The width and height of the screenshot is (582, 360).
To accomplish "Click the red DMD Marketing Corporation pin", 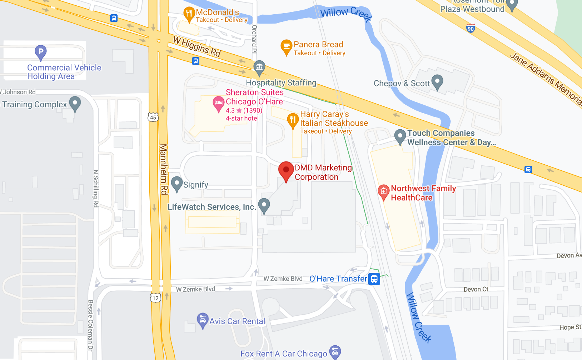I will pyautogui.click(x=286, y=170).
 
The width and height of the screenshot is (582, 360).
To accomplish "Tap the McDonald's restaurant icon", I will pyautogui.click(x=189, y=14).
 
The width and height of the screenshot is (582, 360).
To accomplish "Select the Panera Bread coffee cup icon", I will pyautogui.click(x=286, y=46).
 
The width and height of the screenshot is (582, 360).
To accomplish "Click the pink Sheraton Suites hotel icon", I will pyautogui.click(x=218, y=103).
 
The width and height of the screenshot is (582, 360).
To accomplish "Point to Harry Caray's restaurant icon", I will pyautogui.click(x=293, y=120).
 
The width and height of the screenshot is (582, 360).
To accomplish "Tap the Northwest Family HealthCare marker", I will pyautogui.click(x=383, y=191).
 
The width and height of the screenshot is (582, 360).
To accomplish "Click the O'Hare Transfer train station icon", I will pyautogui.click(x=374, y=279).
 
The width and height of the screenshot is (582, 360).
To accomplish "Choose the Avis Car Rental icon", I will pyautogui.click(x=203, y=320).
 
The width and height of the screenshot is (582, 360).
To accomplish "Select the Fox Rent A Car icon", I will pyautogui.click(x=335, y=352).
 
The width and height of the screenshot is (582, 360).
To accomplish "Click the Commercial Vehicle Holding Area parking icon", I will pyautogui.click(x=41, y=52).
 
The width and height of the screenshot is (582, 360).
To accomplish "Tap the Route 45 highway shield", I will pyautogui.click(x=153, y=117).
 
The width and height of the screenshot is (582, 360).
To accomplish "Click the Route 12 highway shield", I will pyautogui.click(x=155, y=298).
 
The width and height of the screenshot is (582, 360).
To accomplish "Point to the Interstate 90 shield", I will pyautogui.click(x=471, y=29).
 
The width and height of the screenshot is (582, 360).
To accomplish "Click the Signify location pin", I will pyautogui.click(x=177, y=184).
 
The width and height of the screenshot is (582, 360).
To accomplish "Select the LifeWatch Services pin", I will pyautogui.click(x=264, y=205).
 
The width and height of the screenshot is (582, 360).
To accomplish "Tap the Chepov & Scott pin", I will pyautogui.click(x=437, y=81).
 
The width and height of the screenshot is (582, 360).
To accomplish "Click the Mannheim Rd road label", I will pyautogui.click(x=164, y=169).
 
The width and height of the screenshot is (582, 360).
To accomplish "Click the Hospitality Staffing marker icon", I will pyautogui.click(x=259, y=66).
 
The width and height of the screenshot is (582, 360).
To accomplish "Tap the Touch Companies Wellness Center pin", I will pyautogui.click(x=400, y=136).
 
